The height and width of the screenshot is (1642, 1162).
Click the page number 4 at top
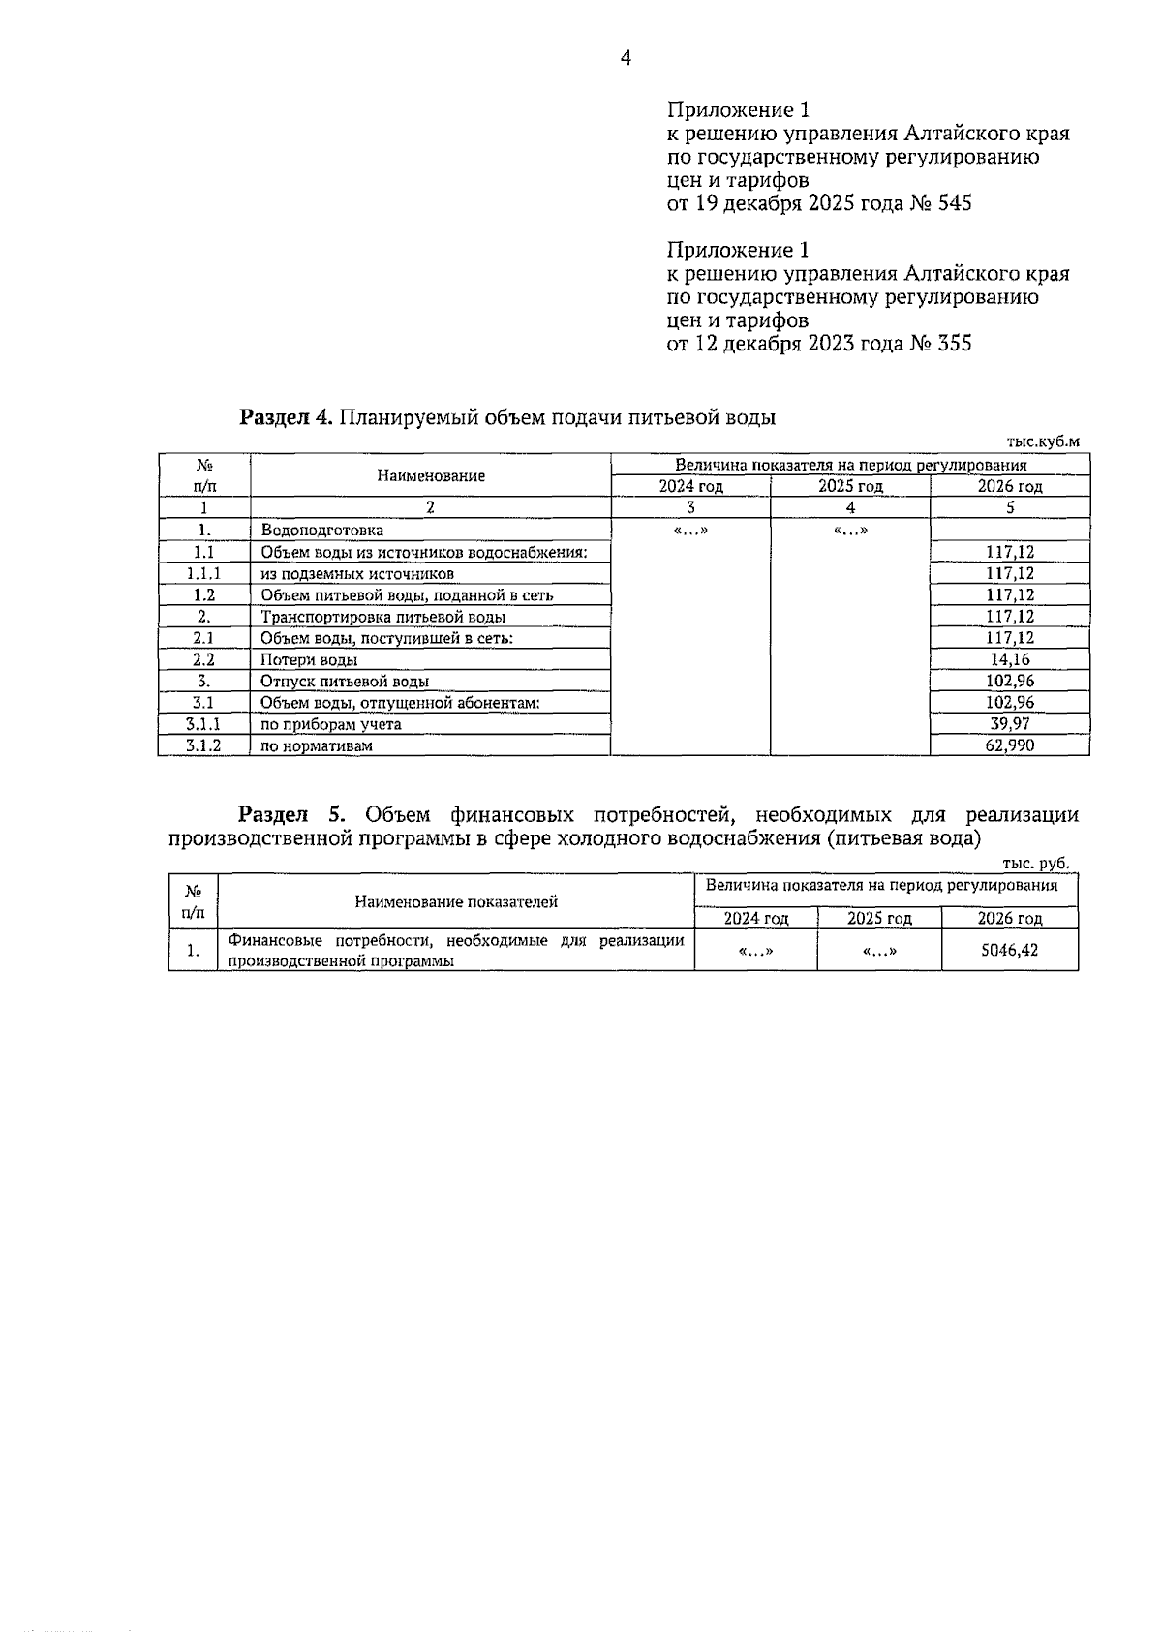click(625, 59)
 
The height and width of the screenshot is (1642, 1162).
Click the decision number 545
click(953, 203)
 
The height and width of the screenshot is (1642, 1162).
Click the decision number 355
click(953, 343)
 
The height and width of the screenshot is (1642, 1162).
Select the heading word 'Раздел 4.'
click(287, 417)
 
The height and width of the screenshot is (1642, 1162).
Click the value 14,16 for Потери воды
click(1009, 659)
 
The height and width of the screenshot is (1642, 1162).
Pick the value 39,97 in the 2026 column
click(1009, 724)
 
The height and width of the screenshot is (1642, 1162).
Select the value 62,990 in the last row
click(1009, 745)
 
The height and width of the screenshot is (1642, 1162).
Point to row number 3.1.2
click(203, 745)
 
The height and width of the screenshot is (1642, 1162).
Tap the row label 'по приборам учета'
click(330, 724)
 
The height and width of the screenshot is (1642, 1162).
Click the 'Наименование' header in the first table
click(431, 475)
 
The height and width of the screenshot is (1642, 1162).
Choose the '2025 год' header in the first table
click(850, 486)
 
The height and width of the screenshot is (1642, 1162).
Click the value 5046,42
click(1009, 950)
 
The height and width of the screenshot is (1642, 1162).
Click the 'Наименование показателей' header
click(456, 901)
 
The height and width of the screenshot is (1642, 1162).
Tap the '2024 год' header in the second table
click(756, 918)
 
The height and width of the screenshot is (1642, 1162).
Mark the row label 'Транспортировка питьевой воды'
click(382, 617)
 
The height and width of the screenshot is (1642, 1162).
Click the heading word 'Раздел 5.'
click(286, 814)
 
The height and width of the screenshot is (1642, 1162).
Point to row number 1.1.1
click(203, 573)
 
